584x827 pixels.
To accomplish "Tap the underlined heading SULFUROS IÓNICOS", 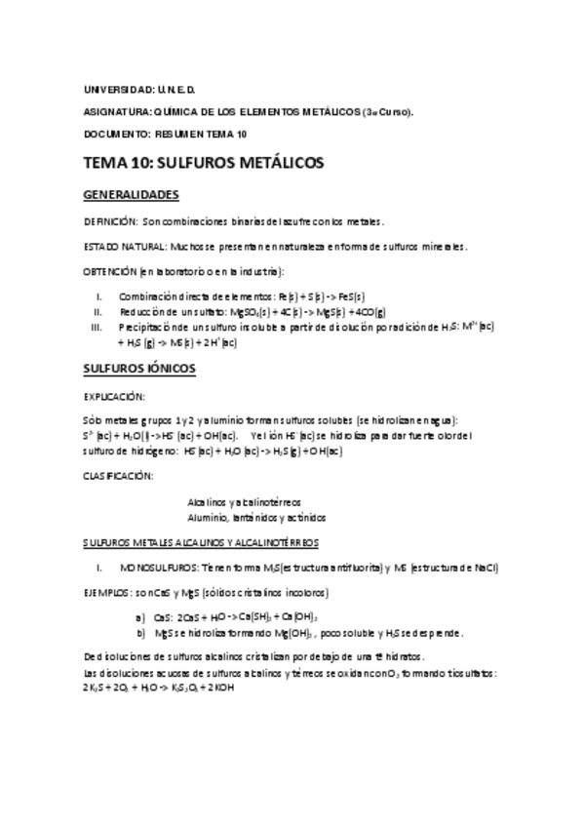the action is point(139,370).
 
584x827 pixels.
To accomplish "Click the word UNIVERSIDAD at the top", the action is point(112,90).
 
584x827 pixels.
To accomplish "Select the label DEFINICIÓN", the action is point(111,221).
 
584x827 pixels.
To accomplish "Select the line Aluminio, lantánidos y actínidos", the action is point(255,517).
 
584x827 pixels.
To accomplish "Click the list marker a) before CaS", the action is point(141,617).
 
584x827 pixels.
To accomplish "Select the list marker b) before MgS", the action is point(141,633).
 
